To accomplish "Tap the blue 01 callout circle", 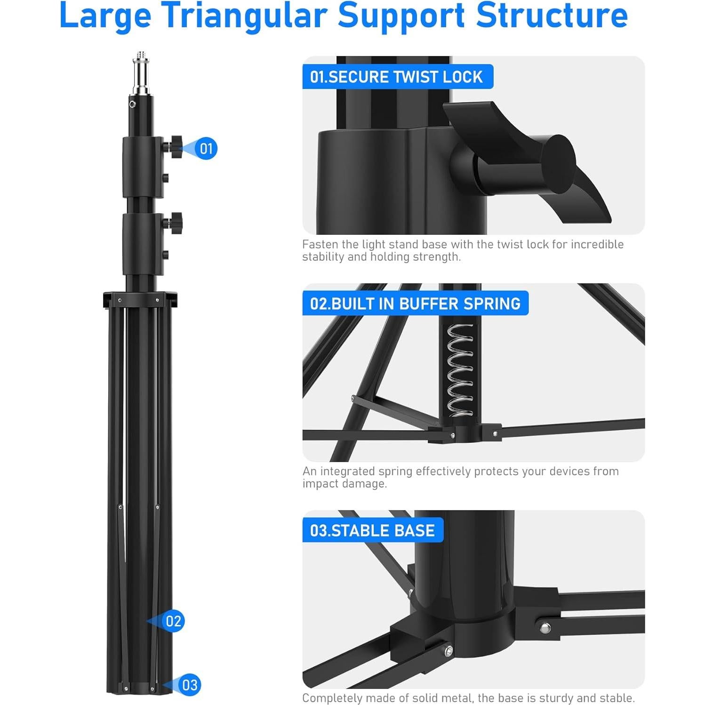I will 206,149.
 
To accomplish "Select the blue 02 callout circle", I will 173,621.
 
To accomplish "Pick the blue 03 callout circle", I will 189,685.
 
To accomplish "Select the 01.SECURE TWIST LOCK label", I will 397,77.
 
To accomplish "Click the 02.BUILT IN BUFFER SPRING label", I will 415,304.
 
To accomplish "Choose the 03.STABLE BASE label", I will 372,530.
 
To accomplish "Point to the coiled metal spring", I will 460,370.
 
